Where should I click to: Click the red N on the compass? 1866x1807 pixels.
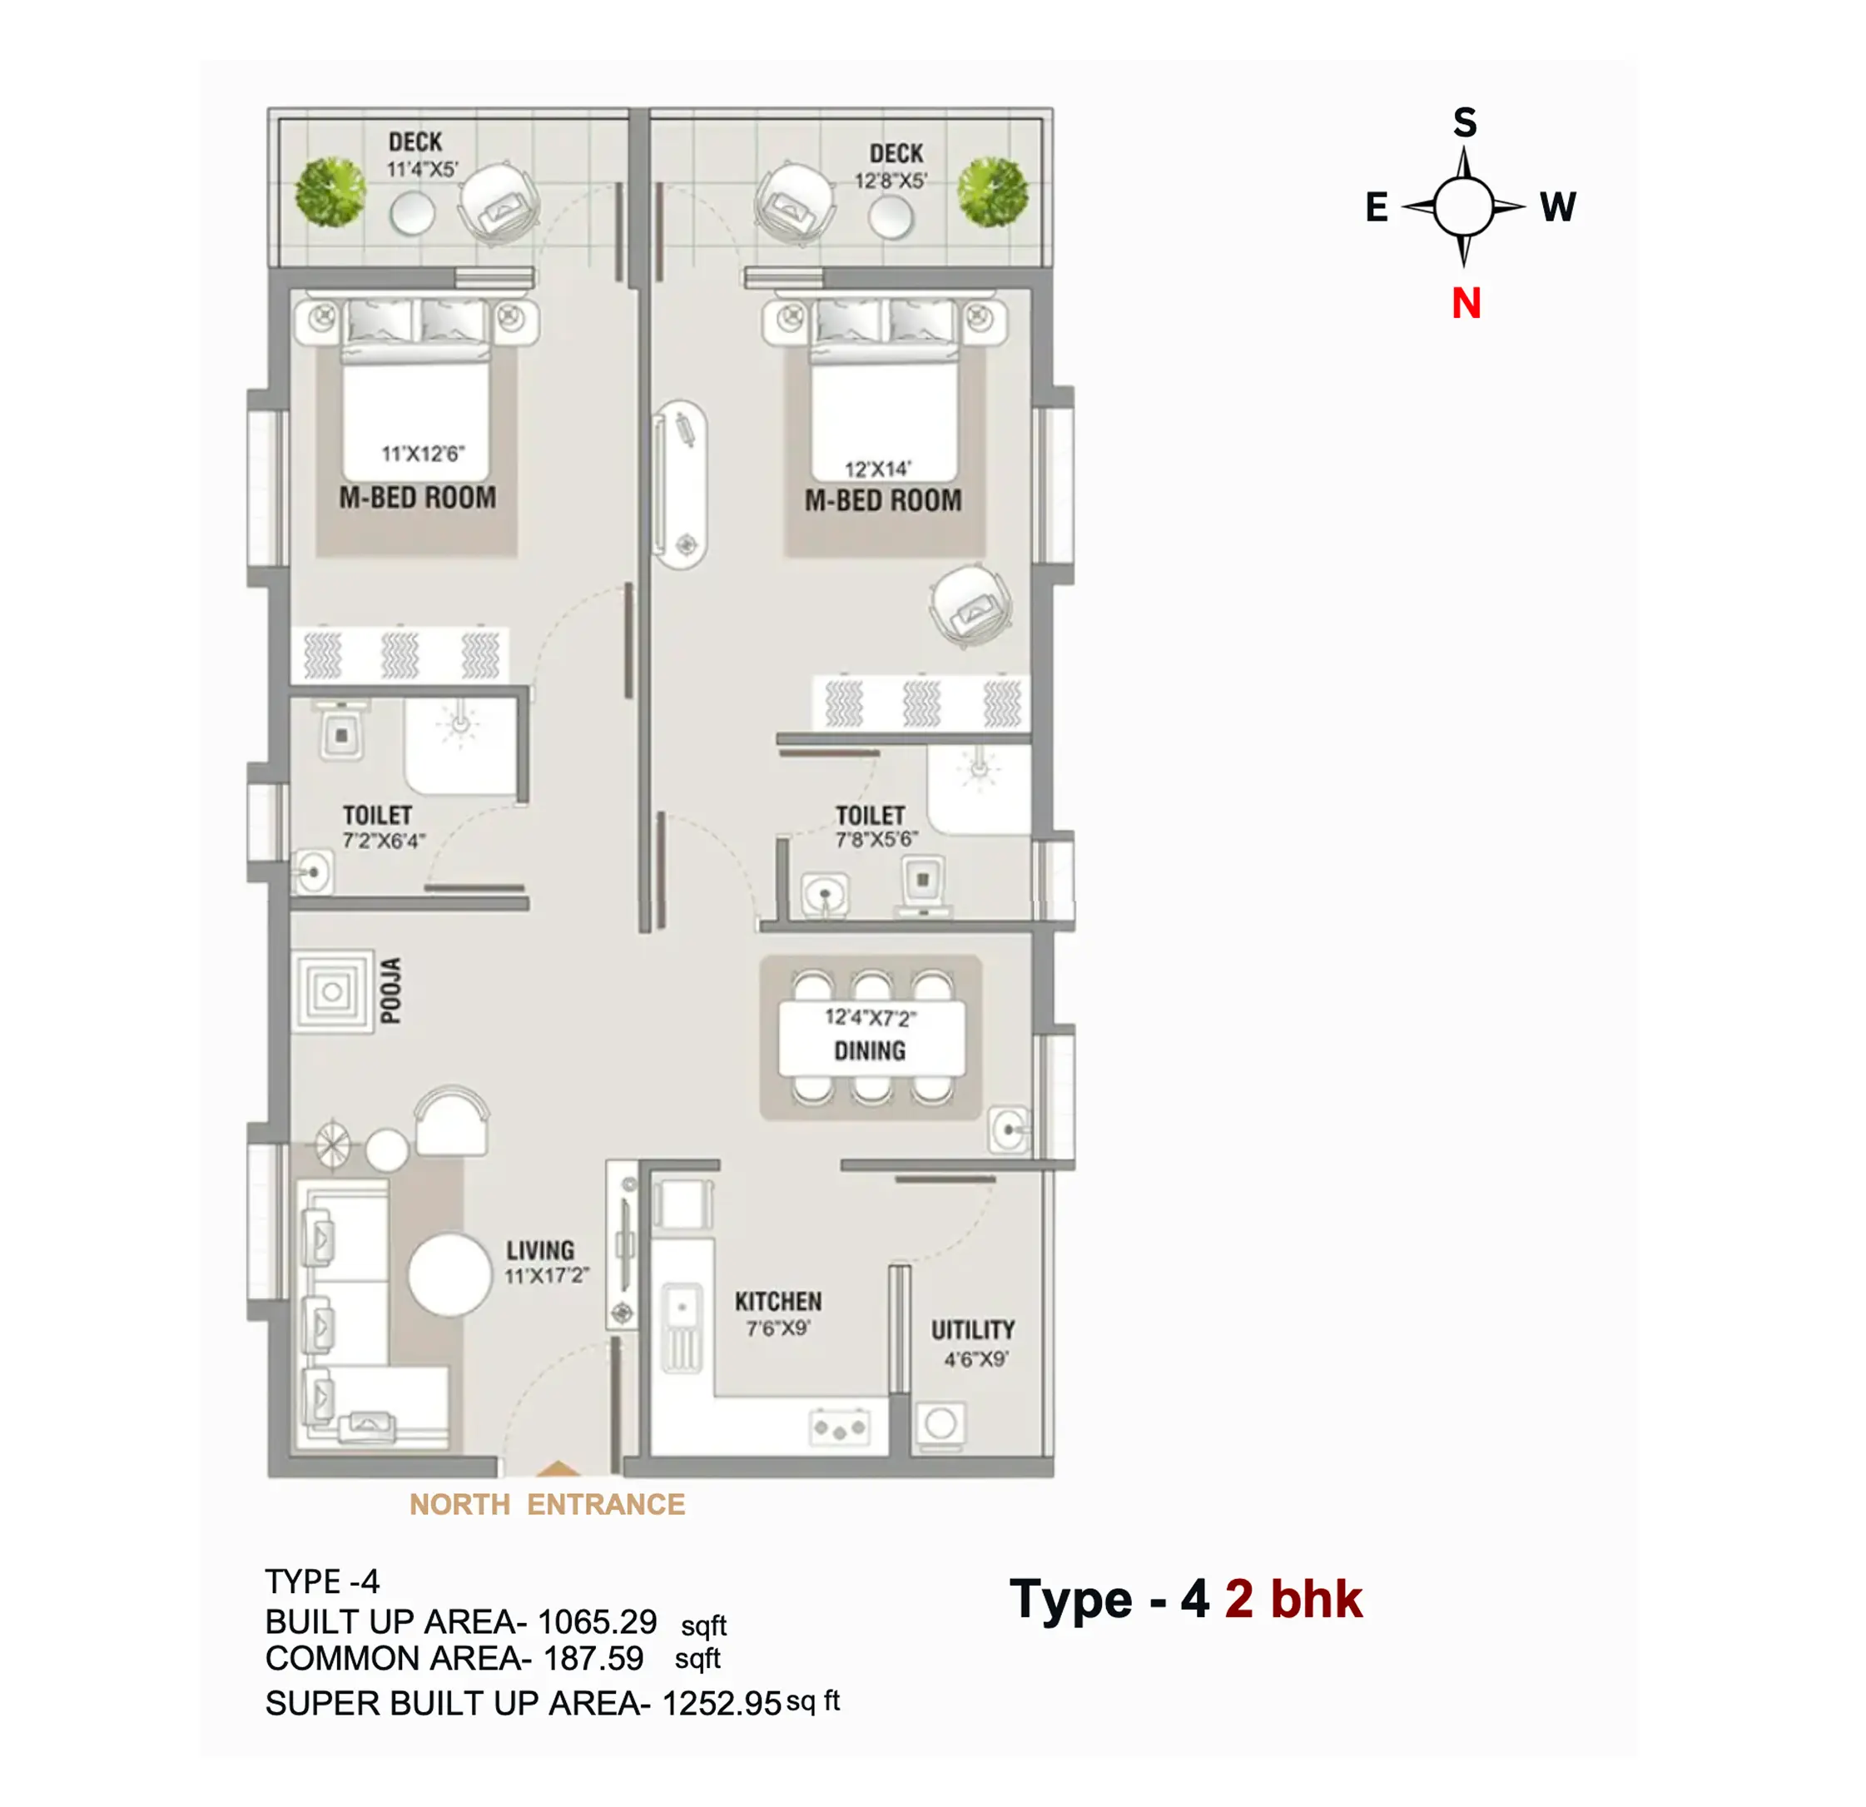pos(1466,304)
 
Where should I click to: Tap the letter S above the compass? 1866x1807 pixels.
pos(1465,123)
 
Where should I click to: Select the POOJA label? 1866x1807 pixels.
pos(390,991)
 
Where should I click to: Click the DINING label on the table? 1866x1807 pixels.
pos(871,1051)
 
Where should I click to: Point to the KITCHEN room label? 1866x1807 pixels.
pos(778,1302)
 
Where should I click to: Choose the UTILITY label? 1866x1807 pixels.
pos(973,1330)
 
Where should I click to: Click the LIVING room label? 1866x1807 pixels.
pos(540,1251)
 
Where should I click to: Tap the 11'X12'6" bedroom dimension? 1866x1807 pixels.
pos(423,454)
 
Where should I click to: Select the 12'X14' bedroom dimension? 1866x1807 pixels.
pos(878,469)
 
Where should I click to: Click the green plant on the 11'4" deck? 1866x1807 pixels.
pos(330,191)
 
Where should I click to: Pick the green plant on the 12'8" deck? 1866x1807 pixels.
pos(993,191)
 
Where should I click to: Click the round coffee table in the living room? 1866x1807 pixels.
pos(450,1276)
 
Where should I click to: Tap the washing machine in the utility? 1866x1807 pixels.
pos(940,1424)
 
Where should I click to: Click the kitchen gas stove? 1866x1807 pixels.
pos(840,1428)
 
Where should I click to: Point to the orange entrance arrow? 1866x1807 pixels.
pos(558,1468)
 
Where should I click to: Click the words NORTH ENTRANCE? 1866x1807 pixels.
pos(548,1504)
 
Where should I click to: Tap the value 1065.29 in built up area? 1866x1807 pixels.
pos(597,1621)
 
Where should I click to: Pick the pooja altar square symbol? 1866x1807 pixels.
pos(332,992)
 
